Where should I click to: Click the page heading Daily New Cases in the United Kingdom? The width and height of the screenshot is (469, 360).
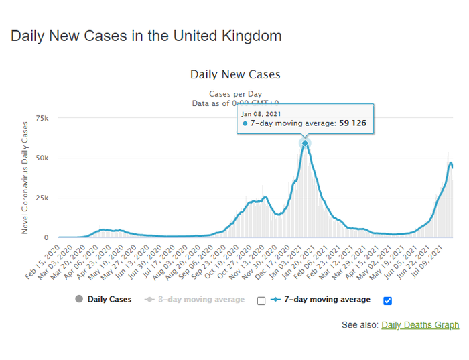146,36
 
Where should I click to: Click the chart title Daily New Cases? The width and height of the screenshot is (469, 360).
235,74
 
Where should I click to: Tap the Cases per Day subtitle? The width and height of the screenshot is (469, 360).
235,94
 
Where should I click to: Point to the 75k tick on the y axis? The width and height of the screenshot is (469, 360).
42,119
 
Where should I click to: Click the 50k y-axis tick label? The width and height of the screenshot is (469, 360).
42,158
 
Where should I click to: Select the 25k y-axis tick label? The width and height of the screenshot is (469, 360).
42,198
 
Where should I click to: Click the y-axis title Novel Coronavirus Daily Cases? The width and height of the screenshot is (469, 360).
25,178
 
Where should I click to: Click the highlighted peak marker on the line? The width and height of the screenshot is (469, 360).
305,143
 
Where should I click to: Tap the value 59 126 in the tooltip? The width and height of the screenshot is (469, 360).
352,123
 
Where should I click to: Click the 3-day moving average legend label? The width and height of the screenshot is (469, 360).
201,300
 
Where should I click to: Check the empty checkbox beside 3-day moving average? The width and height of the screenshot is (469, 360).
261,300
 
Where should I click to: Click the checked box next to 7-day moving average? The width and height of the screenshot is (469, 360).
388,300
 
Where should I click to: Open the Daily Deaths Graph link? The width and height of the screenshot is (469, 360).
420,325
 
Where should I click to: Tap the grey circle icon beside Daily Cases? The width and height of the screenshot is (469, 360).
80,300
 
